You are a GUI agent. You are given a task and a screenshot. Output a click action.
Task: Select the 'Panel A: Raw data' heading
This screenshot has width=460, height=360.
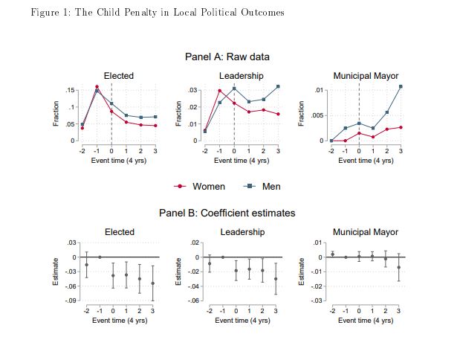coord(227,57)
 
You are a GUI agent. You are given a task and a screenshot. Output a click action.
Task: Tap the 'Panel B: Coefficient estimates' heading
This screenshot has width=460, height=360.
coord(227,213)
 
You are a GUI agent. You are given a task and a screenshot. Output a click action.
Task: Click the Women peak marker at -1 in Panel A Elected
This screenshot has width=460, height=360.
coord(97,87)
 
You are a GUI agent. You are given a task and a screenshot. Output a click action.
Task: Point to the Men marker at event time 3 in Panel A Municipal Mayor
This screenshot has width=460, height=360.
coord(401,86)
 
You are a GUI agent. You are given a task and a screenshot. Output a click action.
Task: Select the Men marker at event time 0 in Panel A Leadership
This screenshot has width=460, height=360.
coord(234,89)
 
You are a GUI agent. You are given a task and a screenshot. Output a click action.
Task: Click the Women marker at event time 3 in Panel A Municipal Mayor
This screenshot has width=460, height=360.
coord(401,127)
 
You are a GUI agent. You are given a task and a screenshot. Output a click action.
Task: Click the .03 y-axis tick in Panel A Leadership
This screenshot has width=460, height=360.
coord(192,90)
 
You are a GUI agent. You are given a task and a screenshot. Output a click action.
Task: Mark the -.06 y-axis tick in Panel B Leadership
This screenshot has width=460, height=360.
coord(192,300)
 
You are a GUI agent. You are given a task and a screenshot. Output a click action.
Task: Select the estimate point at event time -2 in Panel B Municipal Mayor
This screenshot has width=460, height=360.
coord(332,254)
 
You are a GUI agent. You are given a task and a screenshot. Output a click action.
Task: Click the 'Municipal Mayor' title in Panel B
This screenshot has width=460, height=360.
coord(366,232)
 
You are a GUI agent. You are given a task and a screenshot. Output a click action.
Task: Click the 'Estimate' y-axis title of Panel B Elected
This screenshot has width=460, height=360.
coord(56,271)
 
